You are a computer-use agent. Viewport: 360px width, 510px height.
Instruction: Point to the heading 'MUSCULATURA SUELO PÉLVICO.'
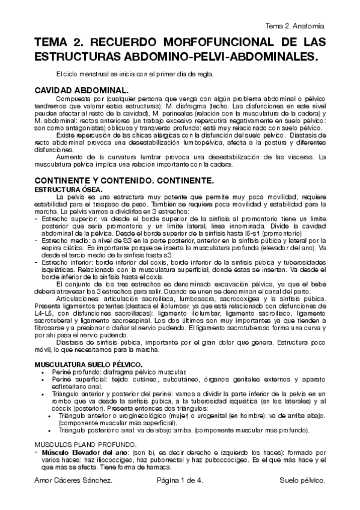88,364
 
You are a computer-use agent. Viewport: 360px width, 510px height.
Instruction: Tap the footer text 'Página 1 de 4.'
180,481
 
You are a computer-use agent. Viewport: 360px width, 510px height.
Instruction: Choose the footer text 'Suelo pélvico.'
302,481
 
